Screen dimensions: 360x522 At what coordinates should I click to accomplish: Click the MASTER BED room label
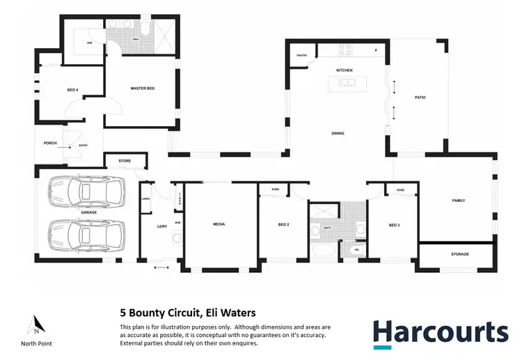click(142, 88)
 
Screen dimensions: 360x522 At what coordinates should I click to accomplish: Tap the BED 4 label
click(72, 90)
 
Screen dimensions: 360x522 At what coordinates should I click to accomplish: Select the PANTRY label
click(301, 55)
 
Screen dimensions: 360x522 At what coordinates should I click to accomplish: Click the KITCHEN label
click(345, 70)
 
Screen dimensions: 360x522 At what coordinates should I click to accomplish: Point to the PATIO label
click(420, 97)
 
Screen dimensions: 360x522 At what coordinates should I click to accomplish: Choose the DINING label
click(338, 134)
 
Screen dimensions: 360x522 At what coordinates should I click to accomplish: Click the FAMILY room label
click(458, 201)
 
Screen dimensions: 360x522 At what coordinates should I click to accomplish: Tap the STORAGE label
click(459, 254)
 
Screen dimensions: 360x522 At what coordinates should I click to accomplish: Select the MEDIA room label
click(221, 225)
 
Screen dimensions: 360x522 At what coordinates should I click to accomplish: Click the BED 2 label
click(283, 225)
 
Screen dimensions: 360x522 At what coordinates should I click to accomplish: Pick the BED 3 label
click(394, 225)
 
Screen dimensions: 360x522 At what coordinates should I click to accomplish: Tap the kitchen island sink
click(346, 84)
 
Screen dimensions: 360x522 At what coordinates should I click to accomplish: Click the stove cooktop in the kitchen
click(345, 49)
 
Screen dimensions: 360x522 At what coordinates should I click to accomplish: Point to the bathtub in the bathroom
click(324, 251)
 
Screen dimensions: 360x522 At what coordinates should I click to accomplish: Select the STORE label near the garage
click(125, 161)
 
